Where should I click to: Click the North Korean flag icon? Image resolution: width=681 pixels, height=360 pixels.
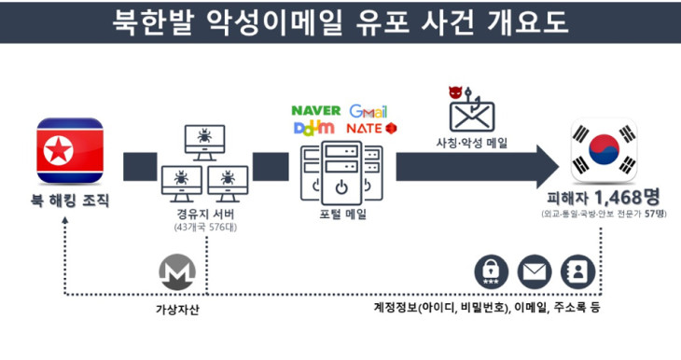coord(70,150)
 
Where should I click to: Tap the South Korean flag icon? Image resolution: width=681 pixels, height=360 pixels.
coord(604,150)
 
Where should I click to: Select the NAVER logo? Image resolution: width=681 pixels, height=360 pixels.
coord(315,111)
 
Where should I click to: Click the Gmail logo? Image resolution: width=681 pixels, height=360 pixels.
coord(368,112)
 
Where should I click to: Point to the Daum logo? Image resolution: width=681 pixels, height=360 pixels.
coord(314,129)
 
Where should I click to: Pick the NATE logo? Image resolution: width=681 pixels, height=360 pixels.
coord(371,129)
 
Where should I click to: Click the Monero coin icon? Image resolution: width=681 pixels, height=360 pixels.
coord(176,272)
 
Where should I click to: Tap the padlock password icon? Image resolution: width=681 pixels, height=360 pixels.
coord(491,271)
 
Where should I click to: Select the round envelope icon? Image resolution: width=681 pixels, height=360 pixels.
coord(535,271)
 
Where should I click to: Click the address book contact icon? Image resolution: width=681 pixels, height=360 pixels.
coord(577,271)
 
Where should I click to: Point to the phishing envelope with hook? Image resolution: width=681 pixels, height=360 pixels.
coord(471,111)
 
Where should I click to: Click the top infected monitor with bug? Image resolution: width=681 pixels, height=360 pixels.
coord(204,143)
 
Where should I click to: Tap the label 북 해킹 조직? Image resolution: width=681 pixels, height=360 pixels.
coord(69,201)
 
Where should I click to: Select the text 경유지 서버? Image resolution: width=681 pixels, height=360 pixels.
coord(205,215)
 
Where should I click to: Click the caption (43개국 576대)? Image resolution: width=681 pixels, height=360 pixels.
coord(205,228)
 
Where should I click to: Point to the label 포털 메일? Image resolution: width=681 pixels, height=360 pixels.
coord(342,215)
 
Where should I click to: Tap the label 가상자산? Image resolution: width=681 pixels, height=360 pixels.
coord(177,310)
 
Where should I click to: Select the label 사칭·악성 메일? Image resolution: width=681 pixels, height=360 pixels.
coord(472,143)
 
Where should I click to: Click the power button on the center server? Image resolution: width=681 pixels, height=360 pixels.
coord(341,187)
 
